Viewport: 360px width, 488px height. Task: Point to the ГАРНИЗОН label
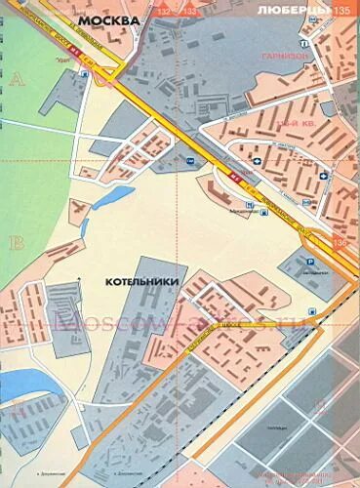pyautogui.click(x=284, y=56)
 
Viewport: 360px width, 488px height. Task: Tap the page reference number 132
pyautogui.click(x=180, y=9)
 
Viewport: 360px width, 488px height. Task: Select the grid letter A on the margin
pyautogui.click(x=16, y=82)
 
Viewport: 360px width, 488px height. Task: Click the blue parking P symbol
pyautogui.click(x=310, y=263)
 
